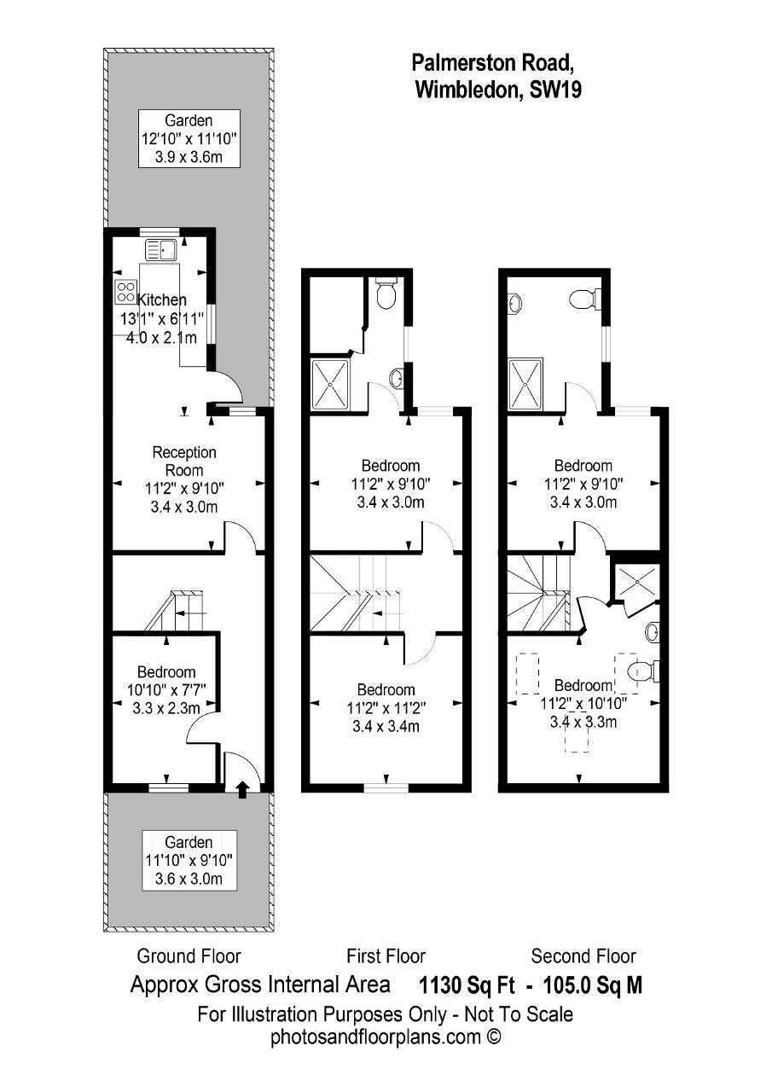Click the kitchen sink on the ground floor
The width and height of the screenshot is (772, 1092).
click(162, 250)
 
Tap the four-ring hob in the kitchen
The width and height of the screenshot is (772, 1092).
click(126, 292)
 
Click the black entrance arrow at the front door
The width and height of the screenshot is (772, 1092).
click(242, 790)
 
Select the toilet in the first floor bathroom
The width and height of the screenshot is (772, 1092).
click(386, 293)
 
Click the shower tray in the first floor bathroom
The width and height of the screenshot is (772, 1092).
click(330, 385)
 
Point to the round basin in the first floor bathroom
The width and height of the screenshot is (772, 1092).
click(398, 376)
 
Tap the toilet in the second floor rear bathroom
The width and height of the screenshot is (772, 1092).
click(586, 299)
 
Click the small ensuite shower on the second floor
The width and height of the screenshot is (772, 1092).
click(637, 582)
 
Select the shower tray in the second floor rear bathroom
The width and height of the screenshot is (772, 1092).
click(525, 385)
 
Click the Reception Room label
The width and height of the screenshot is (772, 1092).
click(184, 462)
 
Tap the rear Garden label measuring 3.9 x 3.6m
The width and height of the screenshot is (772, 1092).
click(189, 139)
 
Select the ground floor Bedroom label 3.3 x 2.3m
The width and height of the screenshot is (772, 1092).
click(166, 690)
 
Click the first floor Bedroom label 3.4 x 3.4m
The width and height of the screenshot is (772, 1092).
click(386, 708)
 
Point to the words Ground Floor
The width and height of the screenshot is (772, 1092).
click(189, 956)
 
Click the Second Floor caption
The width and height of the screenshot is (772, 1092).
click(583, 956)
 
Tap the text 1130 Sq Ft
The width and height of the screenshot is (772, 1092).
click(467, 985)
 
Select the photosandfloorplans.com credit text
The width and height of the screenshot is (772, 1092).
click(386, 1037)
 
